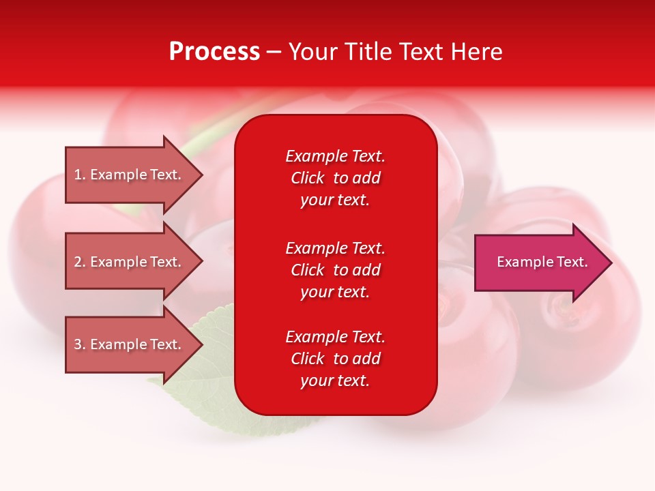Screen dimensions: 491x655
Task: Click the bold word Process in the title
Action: [x=214, y=51]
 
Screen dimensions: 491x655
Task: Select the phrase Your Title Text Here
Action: [x=395, y=51]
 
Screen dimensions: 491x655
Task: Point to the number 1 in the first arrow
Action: [x=78, y=175]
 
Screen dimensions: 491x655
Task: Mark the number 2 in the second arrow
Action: [x=78, y=262]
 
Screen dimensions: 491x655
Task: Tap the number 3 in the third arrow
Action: [x=78, y=344]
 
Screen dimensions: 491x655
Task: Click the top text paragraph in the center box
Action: [x=335, y=178]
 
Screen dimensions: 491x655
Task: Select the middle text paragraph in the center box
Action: [x=335, y=270]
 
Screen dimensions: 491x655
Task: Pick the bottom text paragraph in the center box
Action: [x=335, y=359]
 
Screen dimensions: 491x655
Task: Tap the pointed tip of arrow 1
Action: [x=201, y=175]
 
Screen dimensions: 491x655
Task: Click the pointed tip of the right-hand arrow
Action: [x=611, y=263]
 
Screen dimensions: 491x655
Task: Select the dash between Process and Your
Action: [x=274, y=53]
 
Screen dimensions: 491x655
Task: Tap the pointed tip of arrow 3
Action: [x=201, y=344]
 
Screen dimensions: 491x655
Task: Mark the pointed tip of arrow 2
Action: [x=201, y=262]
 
